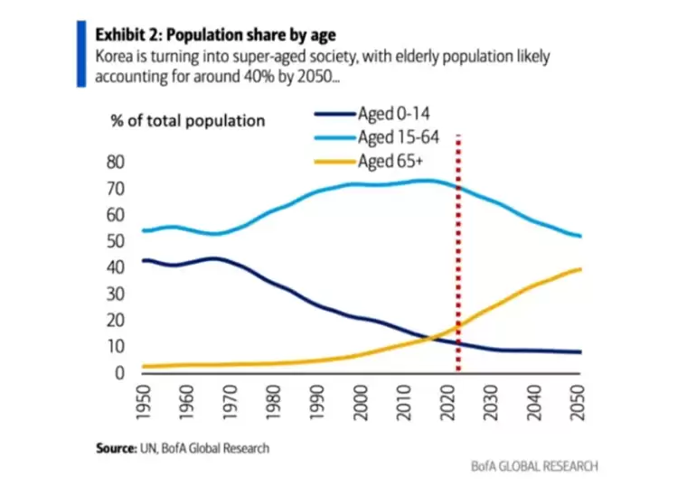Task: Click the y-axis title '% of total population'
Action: tap(187, 121)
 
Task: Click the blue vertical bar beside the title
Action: tap(82, 54)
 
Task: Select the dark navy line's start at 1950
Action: tap(145, 260)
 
